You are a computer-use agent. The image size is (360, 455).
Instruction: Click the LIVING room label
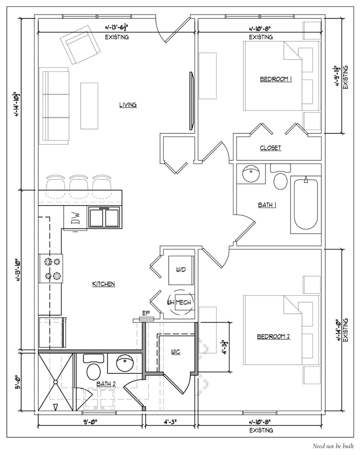pos(128,105)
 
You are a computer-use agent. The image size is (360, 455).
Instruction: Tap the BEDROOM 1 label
pos(276,79)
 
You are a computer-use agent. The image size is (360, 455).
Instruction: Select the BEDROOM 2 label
pos(274,336)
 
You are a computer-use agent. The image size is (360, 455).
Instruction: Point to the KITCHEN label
pos(104,284)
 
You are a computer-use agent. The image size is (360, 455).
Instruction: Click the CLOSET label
pos(270,148)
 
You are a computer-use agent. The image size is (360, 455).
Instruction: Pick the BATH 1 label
pos(267,205)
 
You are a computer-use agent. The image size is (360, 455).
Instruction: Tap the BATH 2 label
pos(106,384)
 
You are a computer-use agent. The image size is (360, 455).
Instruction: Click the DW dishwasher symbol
pos(75,218)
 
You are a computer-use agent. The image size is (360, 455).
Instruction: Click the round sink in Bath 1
pos(250,173)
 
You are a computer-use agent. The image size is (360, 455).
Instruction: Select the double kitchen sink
pos(104,217)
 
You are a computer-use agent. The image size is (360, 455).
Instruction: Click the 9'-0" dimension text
pos(90,422)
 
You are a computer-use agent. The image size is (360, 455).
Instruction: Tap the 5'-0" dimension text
pos(17,382)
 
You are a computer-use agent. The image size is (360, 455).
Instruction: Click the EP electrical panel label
pos(146,313)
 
